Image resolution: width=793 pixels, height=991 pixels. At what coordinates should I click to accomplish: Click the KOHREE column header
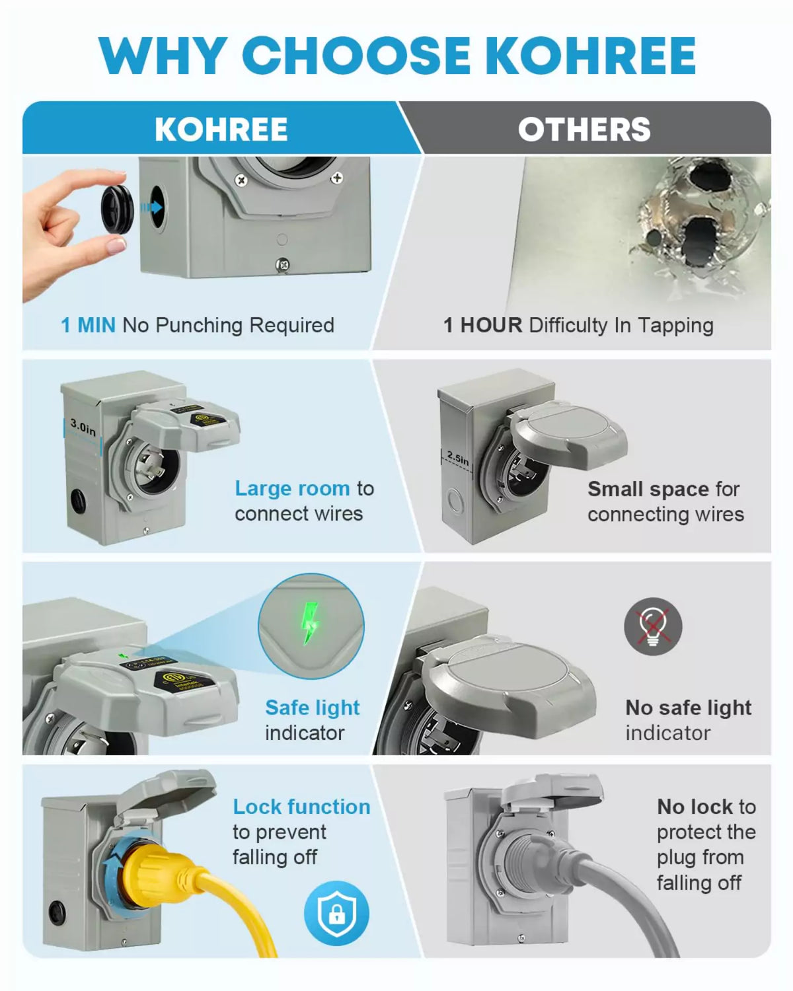click(221, 129)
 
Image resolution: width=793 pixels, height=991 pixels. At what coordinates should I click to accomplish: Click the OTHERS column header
click(584, 129)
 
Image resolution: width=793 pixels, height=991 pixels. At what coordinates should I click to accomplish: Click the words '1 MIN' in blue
click(88, 325)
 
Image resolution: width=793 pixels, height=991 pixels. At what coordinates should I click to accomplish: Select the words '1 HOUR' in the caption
click(482, 325)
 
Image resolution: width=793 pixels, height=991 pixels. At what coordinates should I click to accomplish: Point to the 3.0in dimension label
click(83, 427)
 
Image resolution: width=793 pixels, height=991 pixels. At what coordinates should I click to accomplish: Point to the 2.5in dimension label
click(457, 458)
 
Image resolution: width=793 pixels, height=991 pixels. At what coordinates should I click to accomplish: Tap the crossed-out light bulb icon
click(652, 626)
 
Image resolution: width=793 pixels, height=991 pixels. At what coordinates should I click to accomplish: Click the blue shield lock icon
click(336, 914)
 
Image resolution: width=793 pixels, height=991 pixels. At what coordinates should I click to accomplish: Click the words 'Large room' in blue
click(292, 488)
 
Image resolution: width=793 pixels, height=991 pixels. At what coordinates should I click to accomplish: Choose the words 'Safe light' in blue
click(312, 708)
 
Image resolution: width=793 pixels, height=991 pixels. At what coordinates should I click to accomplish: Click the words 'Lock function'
click(301, 807)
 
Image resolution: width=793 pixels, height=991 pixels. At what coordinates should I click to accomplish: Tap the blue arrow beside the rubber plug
click(151, 207)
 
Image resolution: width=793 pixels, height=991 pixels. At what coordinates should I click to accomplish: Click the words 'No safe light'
click(688, 708)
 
